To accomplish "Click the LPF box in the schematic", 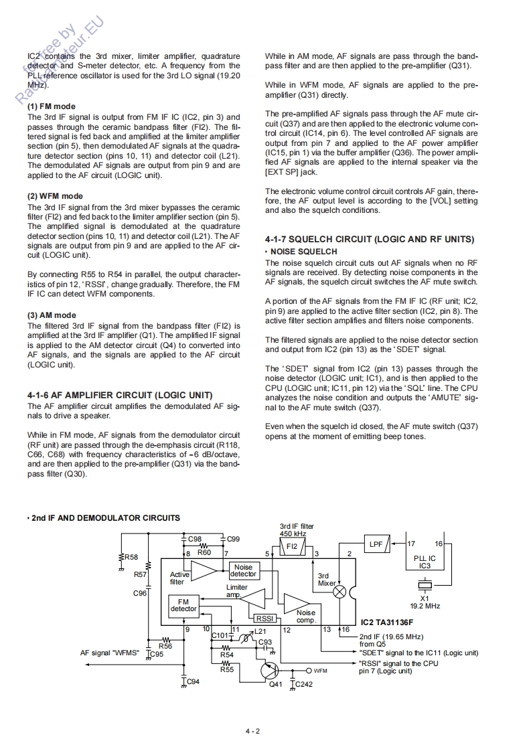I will pyautogui.click(x=376, y=544).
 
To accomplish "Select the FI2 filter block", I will pyautogui.click(x=292, y=546).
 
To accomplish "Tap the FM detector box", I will pyautogui.click(x=183, y=605).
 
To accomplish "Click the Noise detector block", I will pyautogui.click(x=243, y=570).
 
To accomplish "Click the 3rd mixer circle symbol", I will pyautogui.click(x=340, y=592).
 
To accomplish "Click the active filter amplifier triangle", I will pyautogui.click(x=204, y=570).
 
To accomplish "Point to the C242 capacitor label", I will pyautogui.click(x=303, y=684).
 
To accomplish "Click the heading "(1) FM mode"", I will pyautogui.click(x=52, y=106).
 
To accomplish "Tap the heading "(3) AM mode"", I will pyautogui.click(x=52, y=315).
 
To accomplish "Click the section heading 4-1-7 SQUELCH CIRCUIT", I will pyautogui.click(x=369, y=239).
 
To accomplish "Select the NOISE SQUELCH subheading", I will pyautogui.click(x=303, y=252).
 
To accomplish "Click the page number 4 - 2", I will pyautogui.click(x=252, y=731).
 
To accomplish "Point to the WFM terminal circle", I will pyautogui.click(x=309, y=670).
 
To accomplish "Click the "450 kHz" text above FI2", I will pyautogui.click(x=293, y=533).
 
